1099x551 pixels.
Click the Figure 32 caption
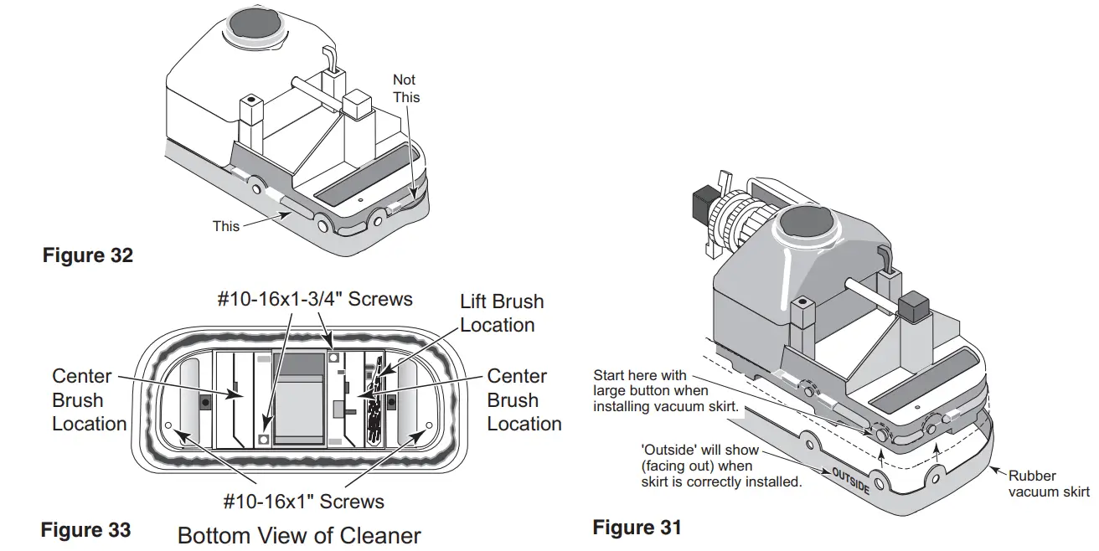(x=88, y=255)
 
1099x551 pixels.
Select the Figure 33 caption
(x=85, y=530)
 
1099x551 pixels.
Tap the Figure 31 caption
(x=637, y=528)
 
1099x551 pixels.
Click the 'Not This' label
(x=405, y=88)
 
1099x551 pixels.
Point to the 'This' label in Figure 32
(x=225, y=226)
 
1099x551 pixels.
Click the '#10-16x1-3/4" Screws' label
(x=315, y=300)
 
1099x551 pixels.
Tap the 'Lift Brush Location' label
(x=502, y=313)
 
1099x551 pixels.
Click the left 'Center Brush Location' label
(x=89, y=400)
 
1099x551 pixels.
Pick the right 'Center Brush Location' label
(x=524, y=400)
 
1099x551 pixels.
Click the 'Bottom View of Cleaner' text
(x=299, y=535)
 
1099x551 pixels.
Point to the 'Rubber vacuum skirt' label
(x=1048, y=484)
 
